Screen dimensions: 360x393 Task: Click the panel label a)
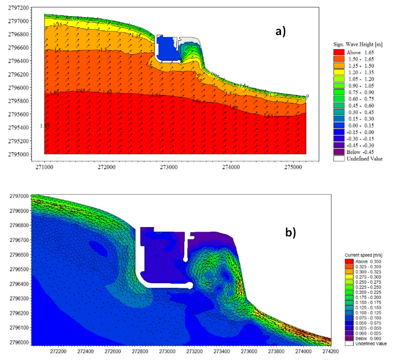click(280, 32)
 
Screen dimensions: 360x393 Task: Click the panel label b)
click(290, 232)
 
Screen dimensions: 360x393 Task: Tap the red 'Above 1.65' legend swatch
click(339, 53)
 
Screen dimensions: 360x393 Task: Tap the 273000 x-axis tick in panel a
click(169, 165)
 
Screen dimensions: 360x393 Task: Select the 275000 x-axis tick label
click(293, 165)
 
